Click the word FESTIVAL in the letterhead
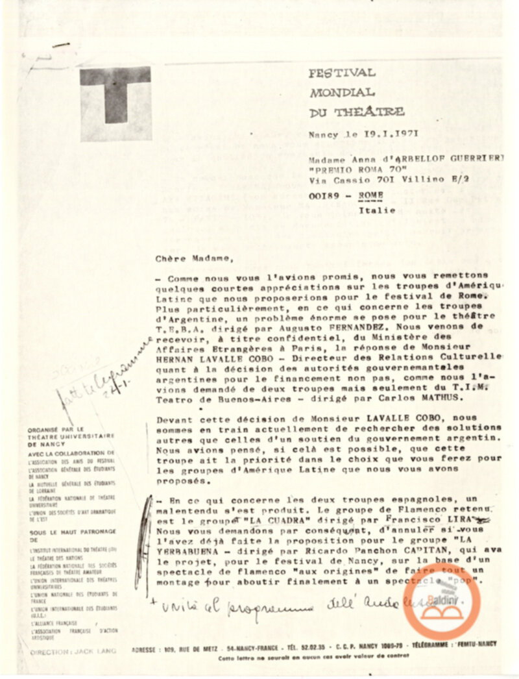pos(342,73)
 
